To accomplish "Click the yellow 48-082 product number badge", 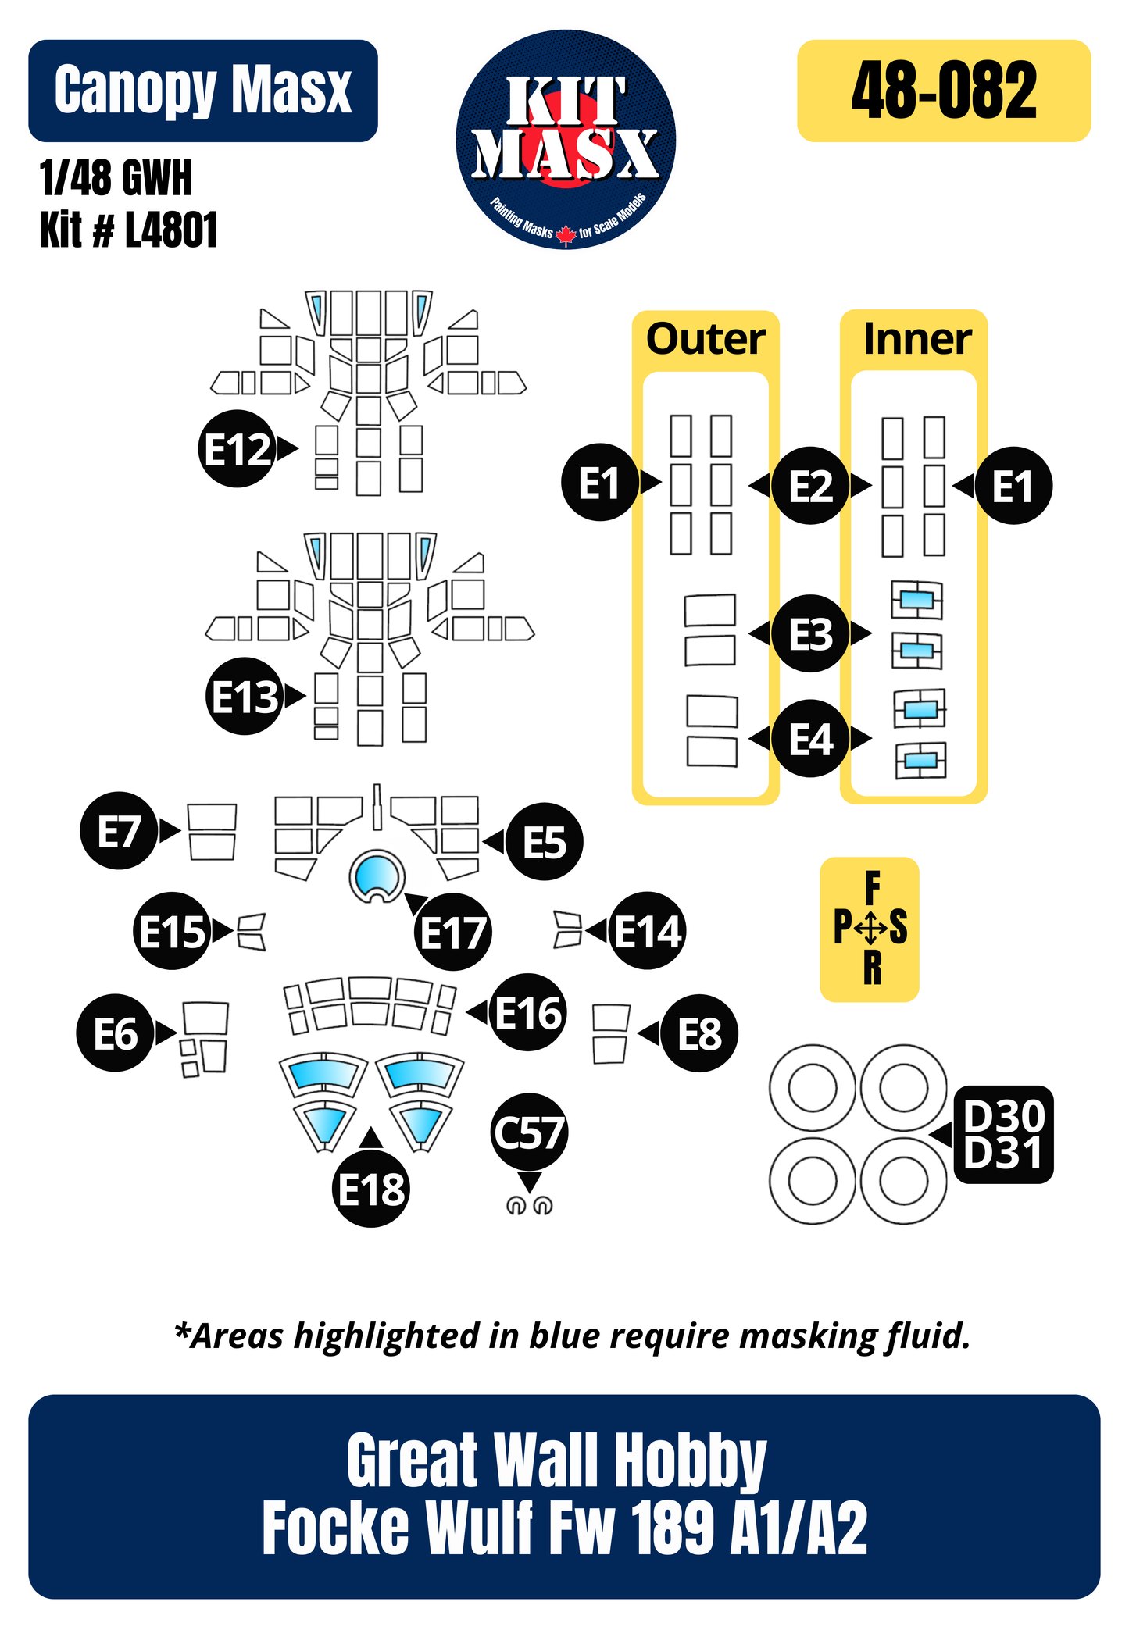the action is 943,91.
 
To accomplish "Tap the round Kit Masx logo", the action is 566,140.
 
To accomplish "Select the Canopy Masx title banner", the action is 203,91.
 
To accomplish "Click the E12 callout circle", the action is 238,449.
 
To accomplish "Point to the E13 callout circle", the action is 245,697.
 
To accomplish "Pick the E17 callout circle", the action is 453,932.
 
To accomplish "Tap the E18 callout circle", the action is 371,1190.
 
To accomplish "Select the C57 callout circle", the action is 530,1132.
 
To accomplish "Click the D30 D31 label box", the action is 1003,1135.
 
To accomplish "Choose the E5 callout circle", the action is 544,842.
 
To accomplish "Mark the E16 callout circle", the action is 528,1012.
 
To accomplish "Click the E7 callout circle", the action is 119,830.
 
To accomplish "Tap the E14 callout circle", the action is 647,931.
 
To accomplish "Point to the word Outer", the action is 706,339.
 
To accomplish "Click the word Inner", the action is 917,339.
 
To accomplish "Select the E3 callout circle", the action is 810,633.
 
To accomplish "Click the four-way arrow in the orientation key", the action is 870,929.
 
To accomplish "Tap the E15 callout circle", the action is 173,931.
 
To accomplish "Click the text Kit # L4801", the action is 129,230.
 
